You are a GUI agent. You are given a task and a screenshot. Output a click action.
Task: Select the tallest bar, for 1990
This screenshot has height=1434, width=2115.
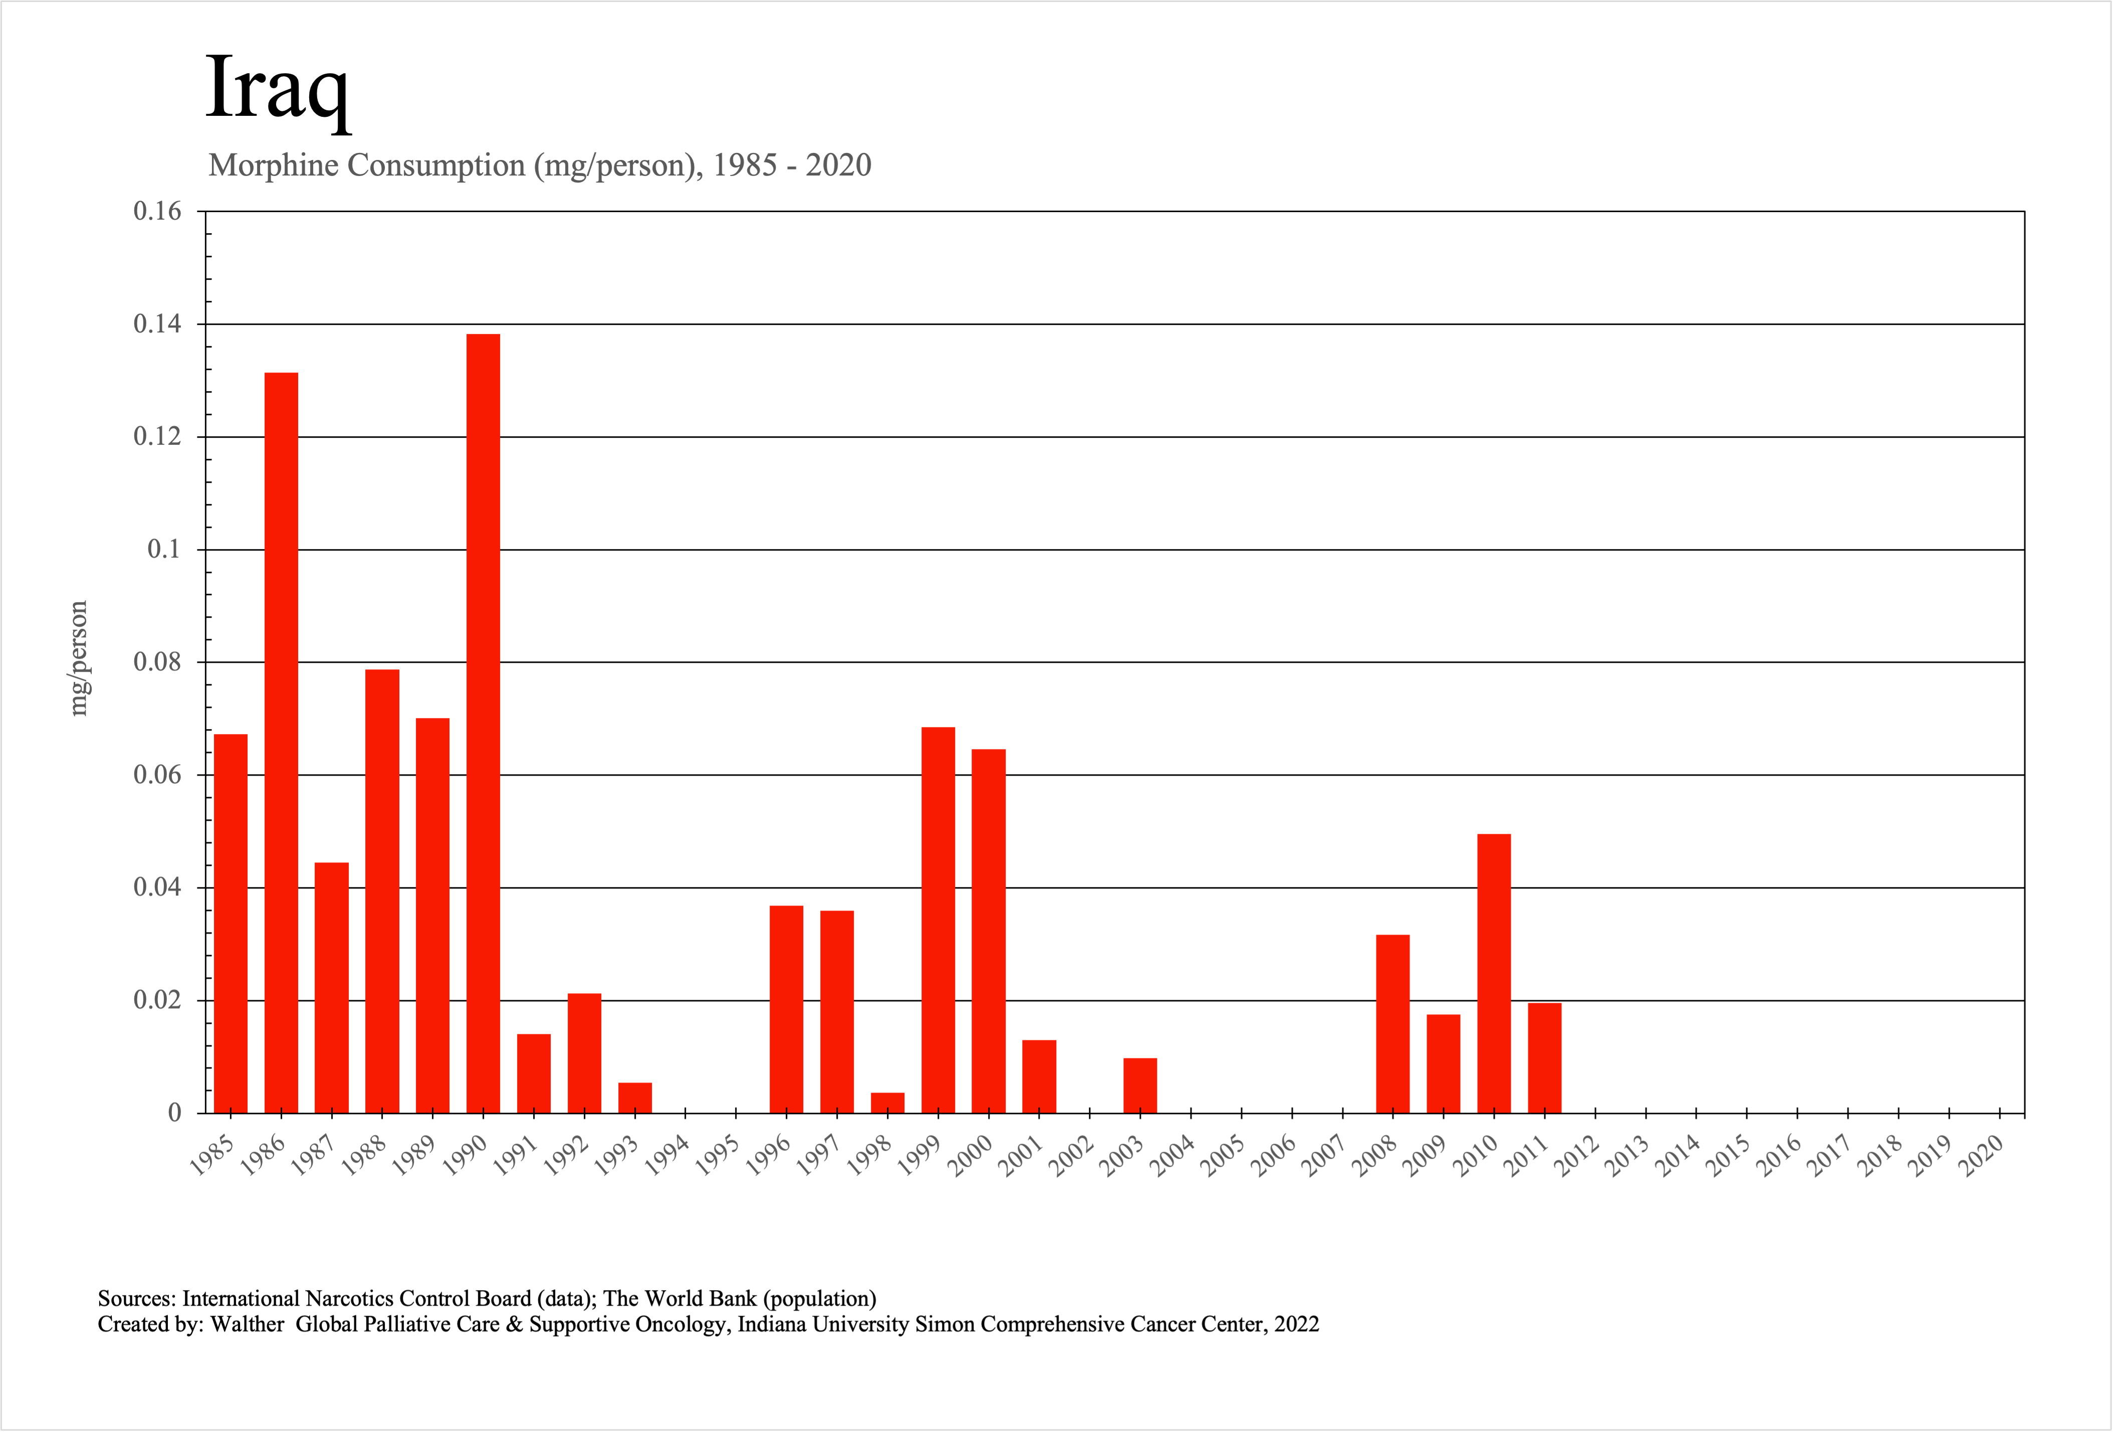(483, 724)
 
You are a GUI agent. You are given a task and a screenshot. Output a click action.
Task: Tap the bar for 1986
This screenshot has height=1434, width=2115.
(281, 743)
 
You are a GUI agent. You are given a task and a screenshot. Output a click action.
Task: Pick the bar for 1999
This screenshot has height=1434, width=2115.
(938, 920)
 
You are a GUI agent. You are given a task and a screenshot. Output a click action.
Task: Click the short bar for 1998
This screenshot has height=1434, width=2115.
(887, 1103)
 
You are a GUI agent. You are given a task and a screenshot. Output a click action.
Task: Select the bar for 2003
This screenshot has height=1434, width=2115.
(1140, 1086)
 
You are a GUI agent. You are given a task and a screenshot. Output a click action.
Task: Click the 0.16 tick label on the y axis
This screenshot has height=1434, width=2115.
(157, 211)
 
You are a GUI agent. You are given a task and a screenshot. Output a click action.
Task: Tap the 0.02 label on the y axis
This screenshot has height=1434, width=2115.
(157, 1000)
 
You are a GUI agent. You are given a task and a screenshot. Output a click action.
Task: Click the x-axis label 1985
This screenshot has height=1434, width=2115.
(211, 1155)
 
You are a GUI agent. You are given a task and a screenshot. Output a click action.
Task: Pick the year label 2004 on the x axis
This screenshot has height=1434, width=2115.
(1171, 1155)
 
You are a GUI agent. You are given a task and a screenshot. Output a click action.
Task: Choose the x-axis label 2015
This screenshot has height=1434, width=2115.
(1727, 1155)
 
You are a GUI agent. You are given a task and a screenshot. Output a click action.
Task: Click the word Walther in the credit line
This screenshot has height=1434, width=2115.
(248, 1324)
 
